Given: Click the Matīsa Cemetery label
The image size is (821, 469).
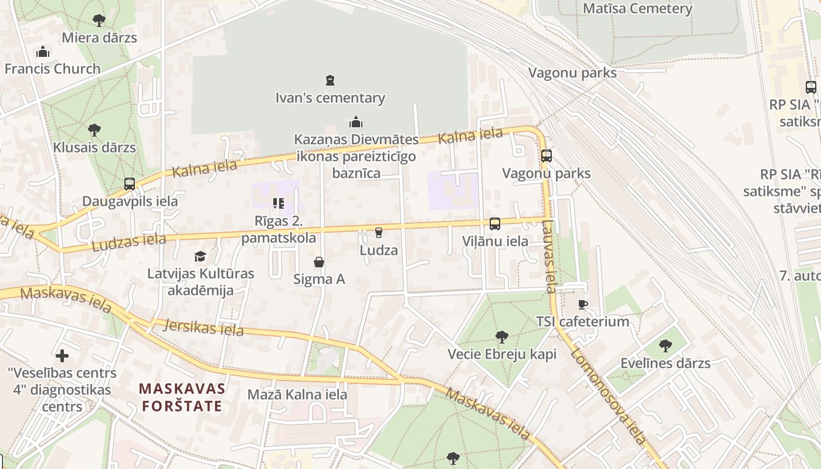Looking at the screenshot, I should click(637, 9).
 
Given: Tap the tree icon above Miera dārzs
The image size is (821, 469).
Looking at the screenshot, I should click(99, 21).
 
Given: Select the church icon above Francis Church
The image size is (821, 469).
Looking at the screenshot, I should click(43, 52).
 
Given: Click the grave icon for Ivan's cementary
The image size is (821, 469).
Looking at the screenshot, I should click(330, 80).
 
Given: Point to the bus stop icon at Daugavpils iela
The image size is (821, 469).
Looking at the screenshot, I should click(130, 184).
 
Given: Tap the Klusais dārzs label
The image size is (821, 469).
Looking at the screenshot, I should click(94, 147).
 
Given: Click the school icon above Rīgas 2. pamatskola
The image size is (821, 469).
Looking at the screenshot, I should click(279, 203).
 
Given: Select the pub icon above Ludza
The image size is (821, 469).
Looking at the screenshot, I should click(379, 233).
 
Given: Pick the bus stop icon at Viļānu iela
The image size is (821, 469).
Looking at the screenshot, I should click(495, 224).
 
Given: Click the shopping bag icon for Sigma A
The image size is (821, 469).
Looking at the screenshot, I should click(319, 261).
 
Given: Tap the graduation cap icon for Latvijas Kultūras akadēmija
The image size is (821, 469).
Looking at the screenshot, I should click(201, 256).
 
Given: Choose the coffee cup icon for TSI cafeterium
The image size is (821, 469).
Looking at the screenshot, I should click(582, 304).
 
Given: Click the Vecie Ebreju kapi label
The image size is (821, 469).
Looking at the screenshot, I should click(502, 354).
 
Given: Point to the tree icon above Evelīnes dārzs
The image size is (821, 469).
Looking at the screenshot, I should click(665, 346).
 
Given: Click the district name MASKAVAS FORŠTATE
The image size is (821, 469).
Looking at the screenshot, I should click(182, 397).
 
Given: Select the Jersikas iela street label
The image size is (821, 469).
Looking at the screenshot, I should click(203, 327).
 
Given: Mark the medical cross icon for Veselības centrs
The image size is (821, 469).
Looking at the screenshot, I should click(62, 356).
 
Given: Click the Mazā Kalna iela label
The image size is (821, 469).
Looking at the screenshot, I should click(297, 395).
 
